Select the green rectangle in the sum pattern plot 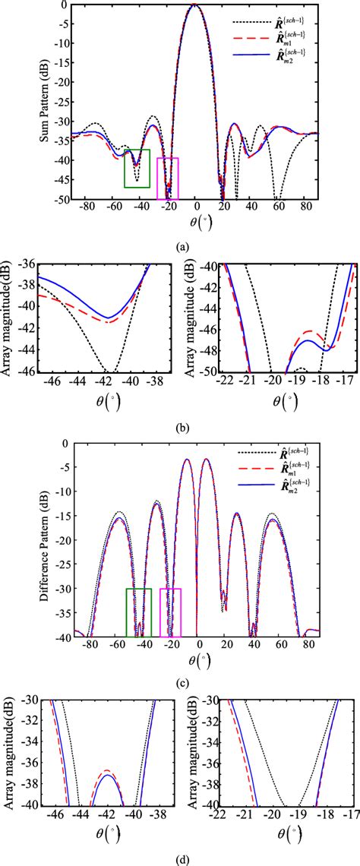point(137,168)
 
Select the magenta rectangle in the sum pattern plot point(168,179)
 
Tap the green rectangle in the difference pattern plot point(139,612)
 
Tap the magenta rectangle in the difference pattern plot point(170,612)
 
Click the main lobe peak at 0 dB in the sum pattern point(195,5)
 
